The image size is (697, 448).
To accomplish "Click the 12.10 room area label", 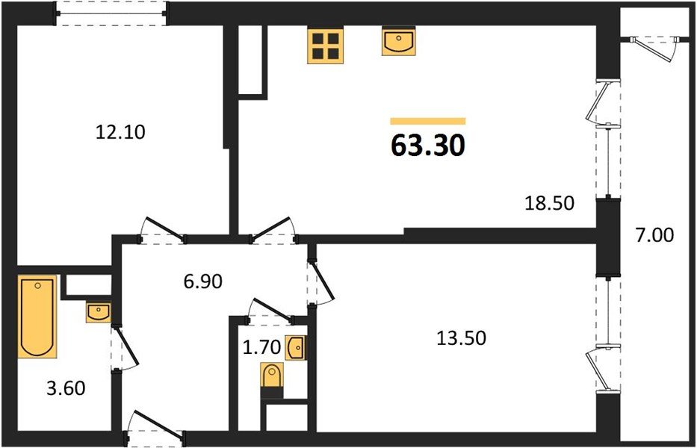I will coord(120,133).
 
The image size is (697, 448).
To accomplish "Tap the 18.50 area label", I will coord(549,202).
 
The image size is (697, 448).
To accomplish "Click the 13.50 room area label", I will coord(461,338).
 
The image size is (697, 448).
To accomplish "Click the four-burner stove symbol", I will coord(324,46).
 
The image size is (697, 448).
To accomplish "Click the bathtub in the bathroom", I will coord(37,317).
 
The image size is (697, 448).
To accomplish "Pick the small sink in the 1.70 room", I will coord(297,347).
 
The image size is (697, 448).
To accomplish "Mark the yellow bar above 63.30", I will coord(428,120).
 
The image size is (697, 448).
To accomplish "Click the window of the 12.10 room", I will coord(113,13).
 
